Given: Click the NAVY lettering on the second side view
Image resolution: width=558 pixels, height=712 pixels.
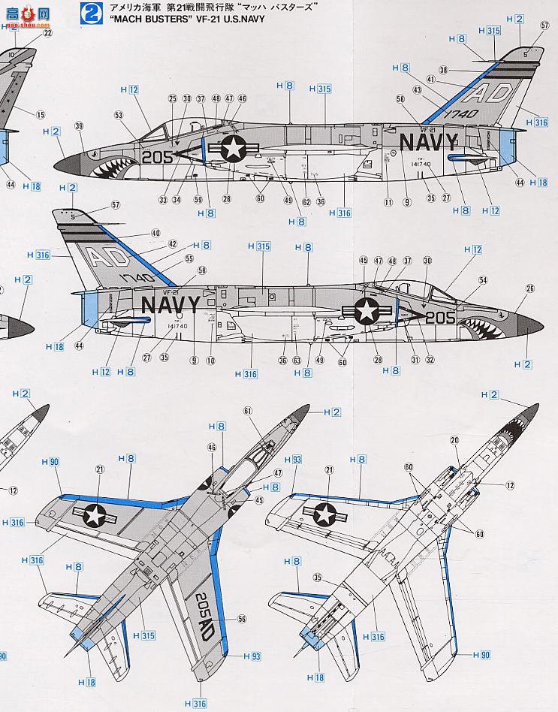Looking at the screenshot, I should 171,304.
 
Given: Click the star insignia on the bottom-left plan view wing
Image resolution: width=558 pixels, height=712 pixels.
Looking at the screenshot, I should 95,514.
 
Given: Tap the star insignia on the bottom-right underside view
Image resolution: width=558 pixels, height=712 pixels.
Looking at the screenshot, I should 325,514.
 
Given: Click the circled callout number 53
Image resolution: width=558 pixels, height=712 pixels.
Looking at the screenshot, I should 119,115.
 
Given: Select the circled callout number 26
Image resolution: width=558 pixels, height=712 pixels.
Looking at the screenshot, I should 530,288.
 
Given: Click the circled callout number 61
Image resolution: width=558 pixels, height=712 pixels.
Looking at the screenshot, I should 248,410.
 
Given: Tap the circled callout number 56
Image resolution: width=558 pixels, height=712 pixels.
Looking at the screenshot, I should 242,619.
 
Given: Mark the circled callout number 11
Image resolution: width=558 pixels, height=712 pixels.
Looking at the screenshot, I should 388,202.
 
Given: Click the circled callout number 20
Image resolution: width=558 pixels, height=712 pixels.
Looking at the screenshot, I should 454,439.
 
